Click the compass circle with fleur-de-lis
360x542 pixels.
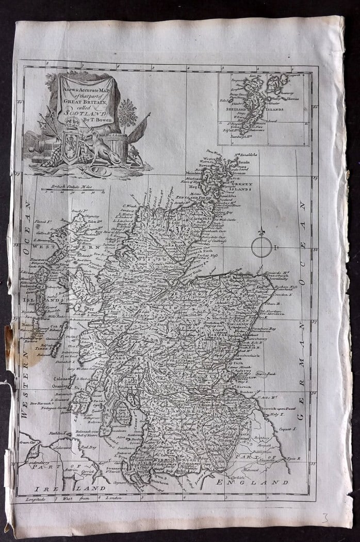[261, 247]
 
